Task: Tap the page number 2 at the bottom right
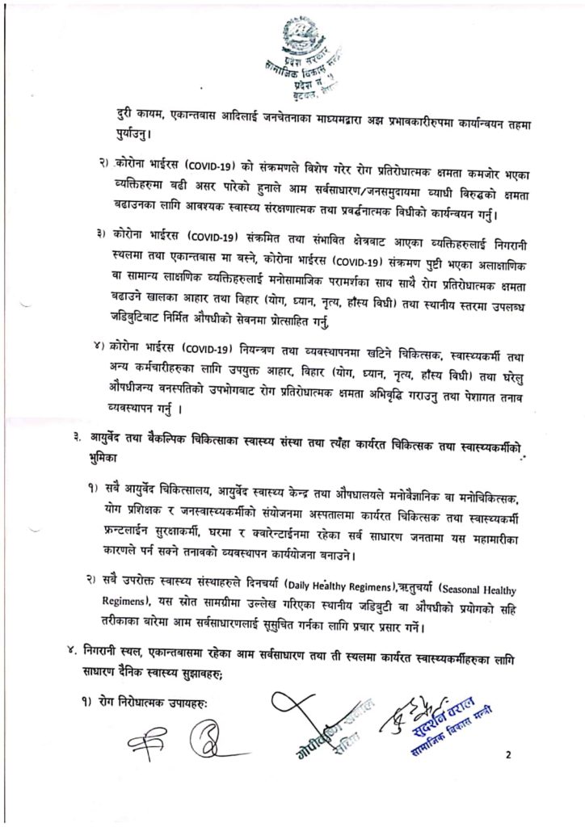tap(509, 756)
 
